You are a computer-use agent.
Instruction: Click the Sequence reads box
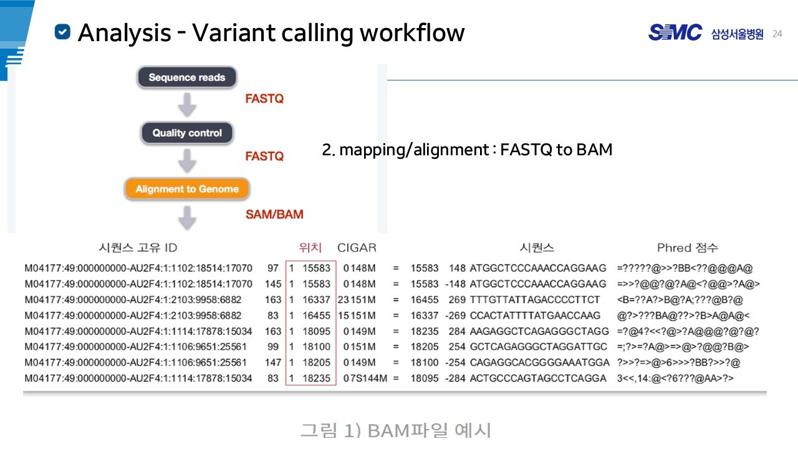pyautogui.click(x=187, y=78)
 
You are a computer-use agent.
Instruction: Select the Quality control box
pyautogui.click(x=187, y=133)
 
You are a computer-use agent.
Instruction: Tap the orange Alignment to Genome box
pyautogui.click(x=187, y=189)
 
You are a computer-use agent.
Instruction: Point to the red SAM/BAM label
pyautogui.click(x=274, y=215)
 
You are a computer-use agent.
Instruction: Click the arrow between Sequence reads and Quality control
pyautogui.click(x=187, y=105)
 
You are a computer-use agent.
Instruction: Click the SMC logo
pyautogui.click(x=675, y=33)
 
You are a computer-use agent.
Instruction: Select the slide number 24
pyautogui.click(x=777, y=34)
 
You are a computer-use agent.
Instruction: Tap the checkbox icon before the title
pyautogui.click(x=62, y=32)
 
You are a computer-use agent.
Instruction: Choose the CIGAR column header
pyautogui.click(x=357, y=248)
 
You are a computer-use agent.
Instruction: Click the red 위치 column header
pyautogui.click(x=310, y=248)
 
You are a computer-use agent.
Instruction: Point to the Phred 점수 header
pyautogui.click(x=688, y=248)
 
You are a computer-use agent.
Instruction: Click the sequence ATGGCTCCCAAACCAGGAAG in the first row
pyautogui.click(x=538, y=268)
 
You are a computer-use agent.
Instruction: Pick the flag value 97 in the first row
pyautogui.click(x=273, y=268)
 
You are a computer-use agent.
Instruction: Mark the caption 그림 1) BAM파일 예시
pyautogui.click(x=396, y=430)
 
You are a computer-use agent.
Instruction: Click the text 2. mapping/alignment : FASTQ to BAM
pyautogui.click(x=467, y=150)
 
